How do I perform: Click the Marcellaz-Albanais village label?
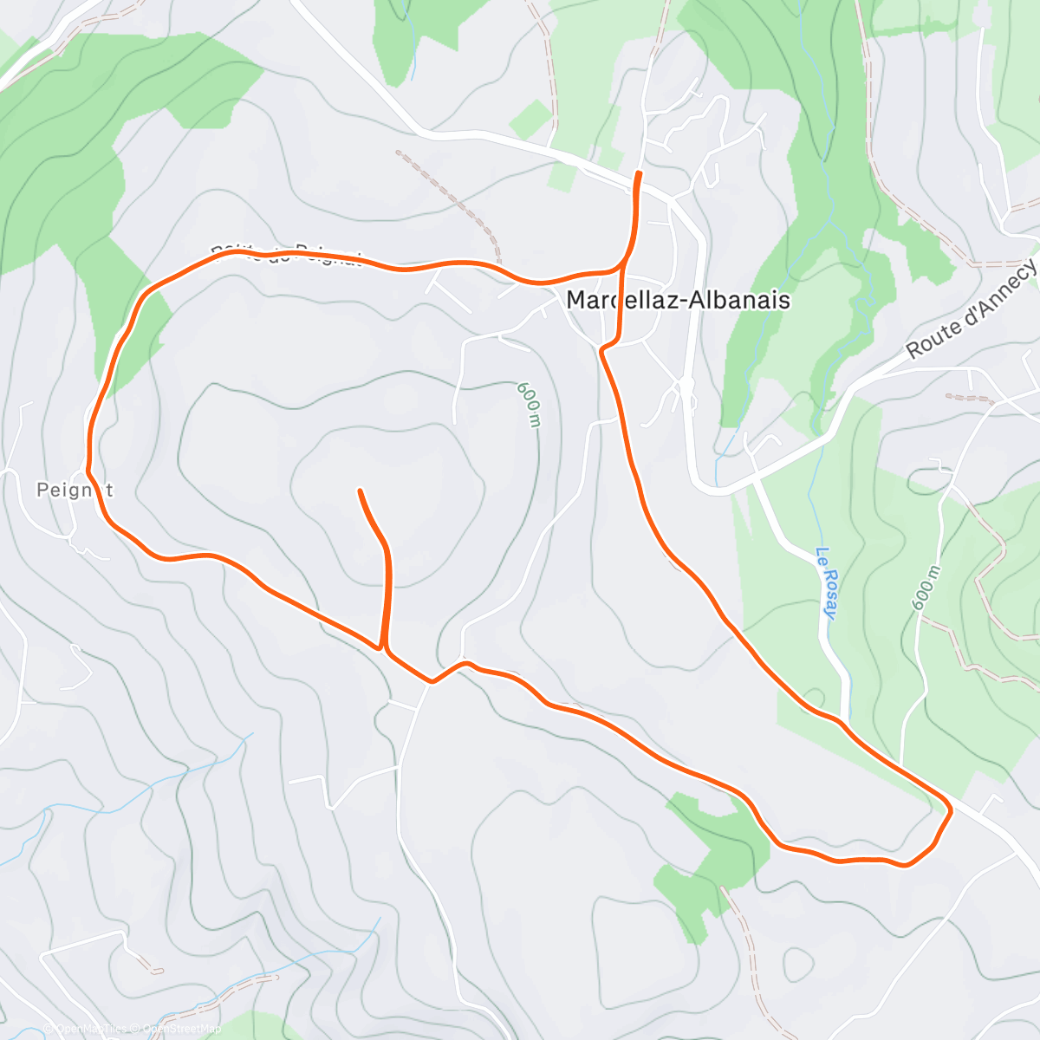[678, 300]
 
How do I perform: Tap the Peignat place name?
[75, 490]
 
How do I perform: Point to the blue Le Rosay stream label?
[827, 582]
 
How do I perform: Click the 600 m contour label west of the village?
[530, 404]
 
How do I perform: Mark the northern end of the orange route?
[640, 174]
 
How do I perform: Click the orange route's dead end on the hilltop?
[360, 491]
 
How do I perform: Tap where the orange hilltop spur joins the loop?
[381, 647]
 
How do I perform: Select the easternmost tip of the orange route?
[951, 810]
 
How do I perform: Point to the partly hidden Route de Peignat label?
[285, 254]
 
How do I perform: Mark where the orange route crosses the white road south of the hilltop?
[431, 681]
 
